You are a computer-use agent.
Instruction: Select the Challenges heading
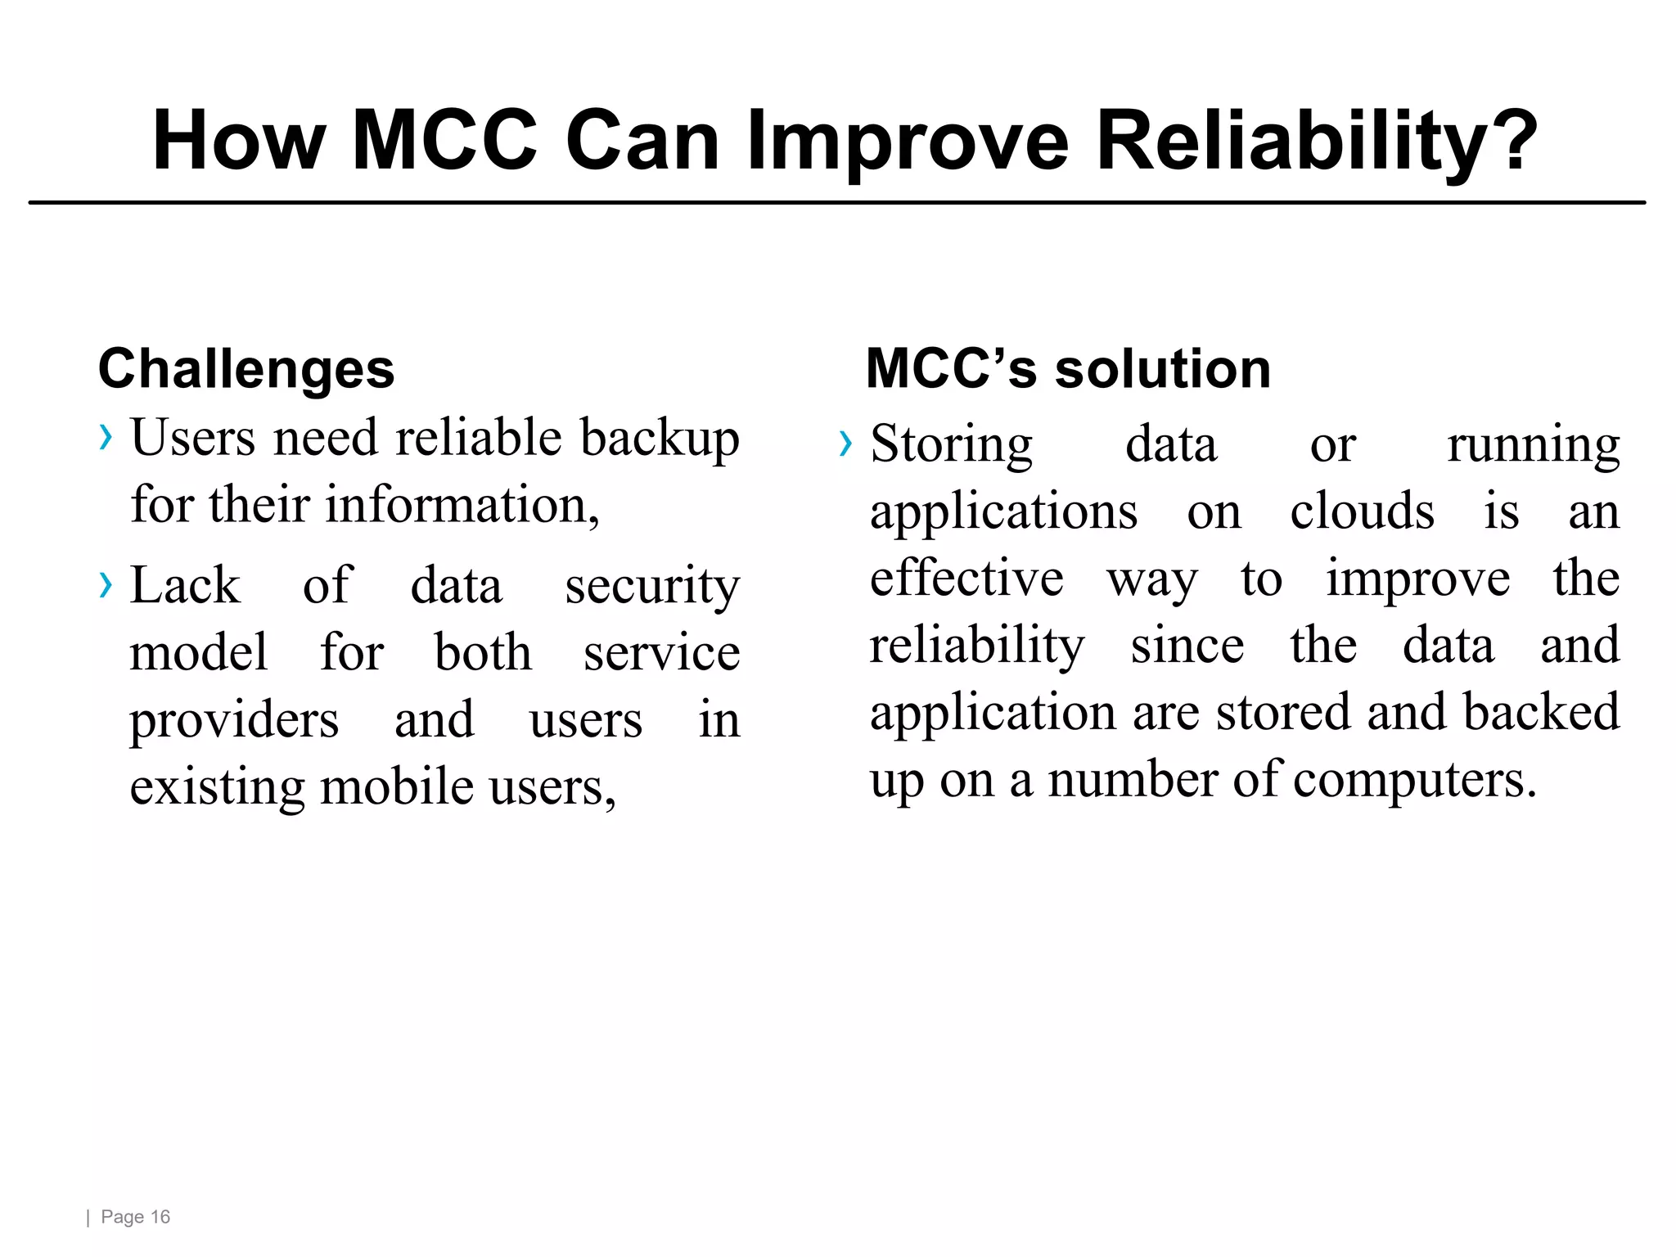[x=246, y=368]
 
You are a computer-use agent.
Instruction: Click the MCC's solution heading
[x=1068, y=368]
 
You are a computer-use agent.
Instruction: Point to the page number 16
[x=160, y=1217]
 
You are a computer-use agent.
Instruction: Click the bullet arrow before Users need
[x=105, y=438]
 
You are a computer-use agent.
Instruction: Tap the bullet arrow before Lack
[x=105, y=585]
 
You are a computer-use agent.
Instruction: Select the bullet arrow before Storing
[x=845, y=444]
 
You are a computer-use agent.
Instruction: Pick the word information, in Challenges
[x=462, y=505]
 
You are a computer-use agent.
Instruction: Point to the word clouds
[x=1362, y=511]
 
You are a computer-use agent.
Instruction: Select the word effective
[x=966, y=579]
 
